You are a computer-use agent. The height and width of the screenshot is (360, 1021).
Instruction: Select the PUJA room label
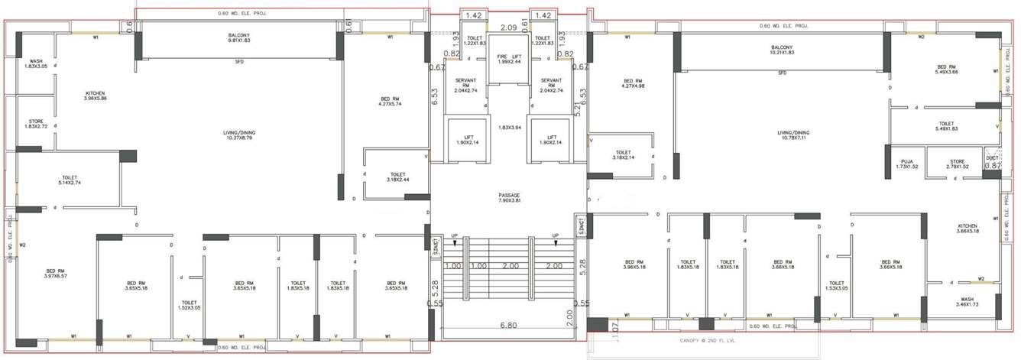coord(907,164)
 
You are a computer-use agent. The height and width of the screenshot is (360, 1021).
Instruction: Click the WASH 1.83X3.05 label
coord(36,64)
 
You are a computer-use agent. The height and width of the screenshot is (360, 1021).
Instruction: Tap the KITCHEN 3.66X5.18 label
coord(968,229)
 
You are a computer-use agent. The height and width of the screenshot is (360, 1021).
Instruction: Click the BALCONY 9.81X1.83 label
coord(239,37)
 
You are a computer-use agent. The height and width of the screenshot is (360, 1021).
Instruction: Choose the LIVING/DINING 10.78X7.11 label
coord(794,135)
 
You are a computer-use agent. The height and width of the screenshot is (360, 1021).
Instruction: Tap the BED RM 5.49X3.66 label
coord(945,70)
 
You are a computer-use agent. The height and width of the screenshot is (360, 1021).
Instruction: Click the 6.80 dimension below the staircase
coord(507,326)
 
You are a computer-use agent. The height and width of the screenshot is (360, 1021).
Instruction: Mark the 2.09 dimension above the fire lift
coord(508,28)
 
